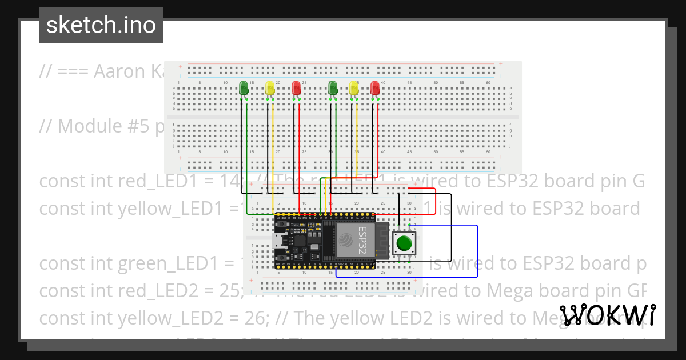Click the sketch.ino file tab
[x=101, y=25]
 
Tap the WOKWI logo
[x=607, y=315]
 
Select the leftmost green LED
[x=244, y=87]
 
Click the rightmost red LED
[x=375, y=87]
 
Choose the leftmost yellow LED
[x=270, y=87]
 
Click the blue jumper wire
[x=477, y=251]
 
